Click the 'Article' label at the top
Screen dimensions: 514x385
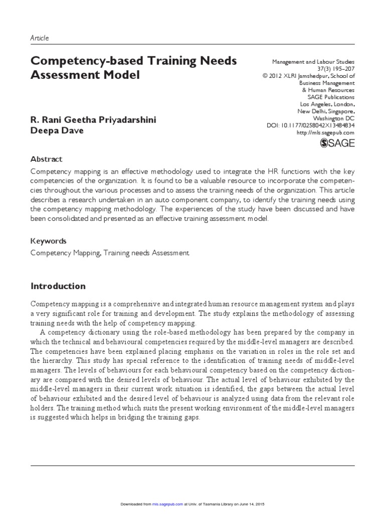(40, 38)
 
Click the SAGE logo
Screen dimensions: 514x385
(337, 143)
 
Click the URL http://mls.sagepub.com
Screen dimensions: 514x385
(325, 133)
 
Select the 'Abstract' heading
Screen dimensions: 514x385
(47, 159)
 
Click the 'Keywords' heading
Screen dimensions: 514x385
(48, 241)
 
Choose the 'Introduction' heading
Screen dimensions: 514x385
(58, 286)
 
